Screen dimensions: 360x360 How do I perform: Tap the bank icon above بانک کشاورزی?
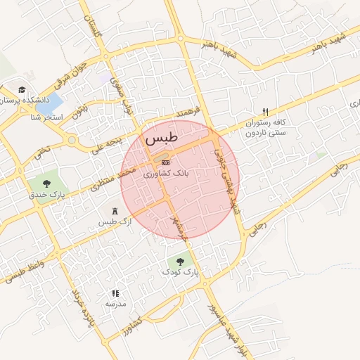165,162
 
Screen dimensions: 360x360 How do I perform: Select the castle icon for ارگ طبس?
115,211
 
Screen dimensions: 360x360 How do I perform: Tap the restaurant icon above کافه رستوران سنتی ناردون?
265,112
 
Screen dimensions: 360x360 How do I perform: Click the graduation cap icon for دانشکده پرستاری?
22,90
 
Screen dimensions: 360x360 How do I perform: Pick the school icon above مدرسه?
115,293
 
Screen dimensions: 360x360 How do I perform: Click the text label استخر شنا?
48,117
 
